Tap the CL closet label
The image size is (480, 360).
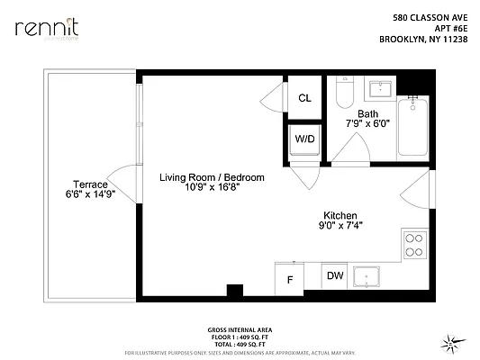tap(304, 98)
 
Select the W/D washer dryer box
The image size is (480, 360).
tap(303, 139)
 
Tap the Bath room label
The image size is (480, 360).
tap(367, 114)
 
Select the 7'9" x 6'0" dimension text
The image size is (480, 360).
tap(367, 125)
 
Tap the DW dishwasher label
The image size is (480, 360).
tap(334, 276)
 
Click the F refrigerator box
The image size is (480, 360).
tap(289, 279)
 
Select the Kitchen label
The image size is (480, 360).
tap(341, 216)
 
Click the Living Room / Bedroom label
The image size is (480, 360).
tap(212, 178)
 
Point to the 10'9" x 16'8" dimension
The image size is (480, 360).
tap(212, 189)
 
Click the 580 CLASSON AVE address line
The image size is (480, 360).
tap(430, 16)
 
